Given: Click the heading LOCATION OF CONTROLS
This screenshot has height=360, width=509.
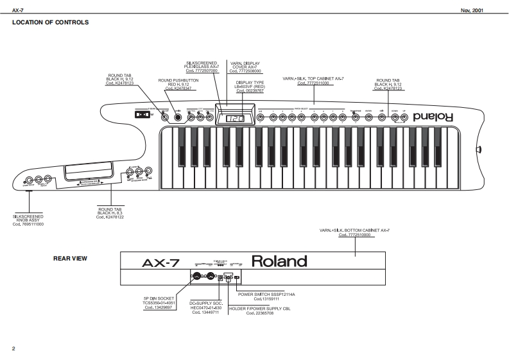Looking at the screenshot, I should [50, 22].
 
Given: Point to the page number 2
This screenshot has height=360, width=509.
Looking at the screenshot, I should [13, 348].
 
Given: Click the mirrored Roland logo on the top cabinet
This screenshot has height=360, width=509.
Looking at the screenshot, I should [434, 118].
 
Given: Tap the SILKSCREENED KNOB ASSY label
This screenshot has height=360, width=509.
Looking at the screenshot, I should [28, 220].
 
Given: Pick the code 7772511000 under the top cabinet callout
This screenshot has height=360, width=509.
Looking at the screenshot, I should [313, 83].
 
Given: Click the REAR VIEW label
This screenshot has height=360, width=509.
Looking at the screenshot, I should [70, 259].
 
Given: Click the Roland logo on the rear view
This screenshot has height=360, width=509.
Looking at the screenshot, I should [279, 261].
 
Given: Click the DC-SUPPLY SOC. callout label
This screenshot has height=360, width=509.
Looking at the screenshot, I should [205, 306].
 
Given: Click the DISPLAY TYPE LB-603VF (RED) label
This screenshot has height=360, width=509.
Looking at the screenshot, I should [250, 87].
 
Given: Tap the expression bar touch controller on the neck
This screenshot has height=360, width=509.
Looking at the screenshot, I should [89, 172].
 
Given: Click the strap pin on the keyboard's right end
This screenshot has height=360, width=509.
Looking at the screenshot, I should [479, 150].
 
